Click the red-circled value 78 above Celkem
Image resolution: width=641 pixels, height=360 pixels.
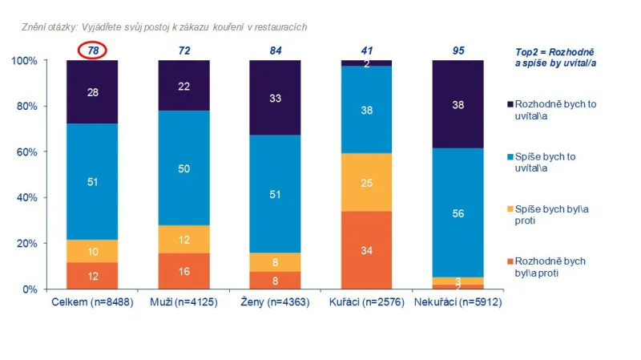pyautogui.click(x=93, y=51)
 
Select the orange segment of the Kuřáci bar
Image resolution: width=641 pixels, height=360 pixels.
pyautogui.click(x=367, y=249)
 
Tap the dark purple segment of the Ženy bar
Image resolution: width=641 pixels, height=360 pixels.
pyautogui.click(x=276, y=97)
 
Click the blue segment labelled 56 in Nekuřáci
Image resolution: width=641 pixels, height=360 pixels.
pyautogui.click(x=458, y=212)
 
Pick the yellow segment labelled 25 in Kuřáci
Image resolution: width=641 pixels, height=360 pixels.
pyautogui.click(x=367, y=182)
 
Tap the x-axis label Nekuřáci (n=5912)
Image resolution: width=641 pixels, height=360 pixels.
pyautogui.click(x=458, y=302)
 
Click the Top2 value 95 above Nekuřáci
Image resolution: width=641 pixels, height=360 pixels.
pyautogui.click(x=458, y=51)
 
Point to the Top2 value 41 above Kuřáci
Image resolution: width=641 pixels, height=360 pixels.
pyautogui.click(x=367, y=51)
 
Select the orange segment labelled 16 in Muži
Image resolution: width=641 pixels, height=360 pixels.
pyautogui.click(x=184, y=271)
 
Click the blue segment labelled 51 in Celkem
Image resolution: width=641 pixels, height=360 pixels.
pyautogui.click(x=93, y=181)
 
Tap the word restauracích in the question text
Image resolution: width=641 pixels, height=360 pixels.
pyautogui.click(x=280, y=27)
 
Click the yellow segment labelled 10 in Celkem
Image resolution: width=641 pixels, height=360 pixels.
pyautogui.click(x=93, y=251)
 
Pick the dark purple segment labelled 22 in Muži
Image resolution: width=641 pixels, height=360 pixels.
pyautogui.click(x=184, y=86)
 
